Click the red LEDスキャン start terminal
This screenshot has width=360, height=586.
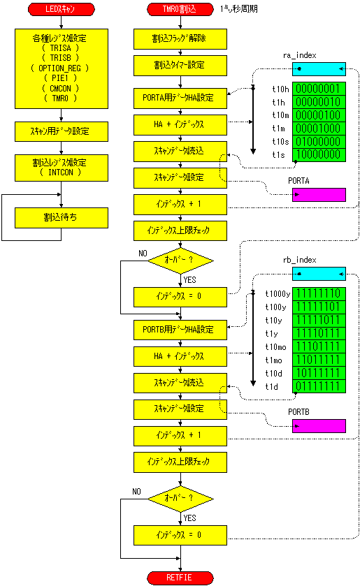[x=62, y=9]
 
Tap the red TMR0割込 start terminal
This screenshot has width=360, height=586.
[x=180, y=9]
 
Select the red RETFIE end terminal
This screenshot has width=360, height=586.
[x=180, y=578]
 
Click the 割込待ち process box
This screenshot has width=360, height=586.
[x=62, y=217]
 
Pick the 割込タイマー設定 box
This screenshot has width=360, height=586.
[x=180, y=66]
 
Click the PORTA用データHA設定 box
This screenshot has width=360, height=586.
[x=180, y=98]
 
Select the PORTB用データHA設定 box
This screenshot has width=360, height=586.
[x=180, y=330]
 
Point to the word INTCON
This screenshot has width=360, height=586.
[x=61, y=173]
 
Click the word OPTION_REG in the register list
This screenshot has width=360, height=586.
[x=60, y=68]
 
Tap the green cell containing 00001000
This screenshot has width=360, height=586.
[x=319, y=129]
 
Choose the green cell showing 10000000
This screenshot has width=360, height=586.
[x=319, y=155]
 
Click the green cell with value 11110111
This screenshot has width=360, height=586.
[x=319, y=333]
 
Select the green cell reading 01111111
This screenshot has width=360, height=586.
[x=319, y=386]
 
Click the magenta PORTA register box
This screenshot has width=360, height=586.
[x=319, y=195]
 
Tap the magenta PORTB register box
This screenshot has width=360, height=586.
[x=319, y=426]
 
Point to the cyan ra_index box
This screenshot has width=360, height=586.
[x=319, y=69]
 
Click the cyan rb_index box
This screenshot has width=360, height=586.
[x=319, y=274]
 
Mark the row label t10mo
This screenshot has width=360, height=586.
[x=276, y=347]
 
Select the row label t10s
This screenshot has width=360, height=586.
[x=281, y=142]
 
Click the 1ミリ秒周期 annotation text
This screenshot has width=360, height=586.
[x=239, y=9]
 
